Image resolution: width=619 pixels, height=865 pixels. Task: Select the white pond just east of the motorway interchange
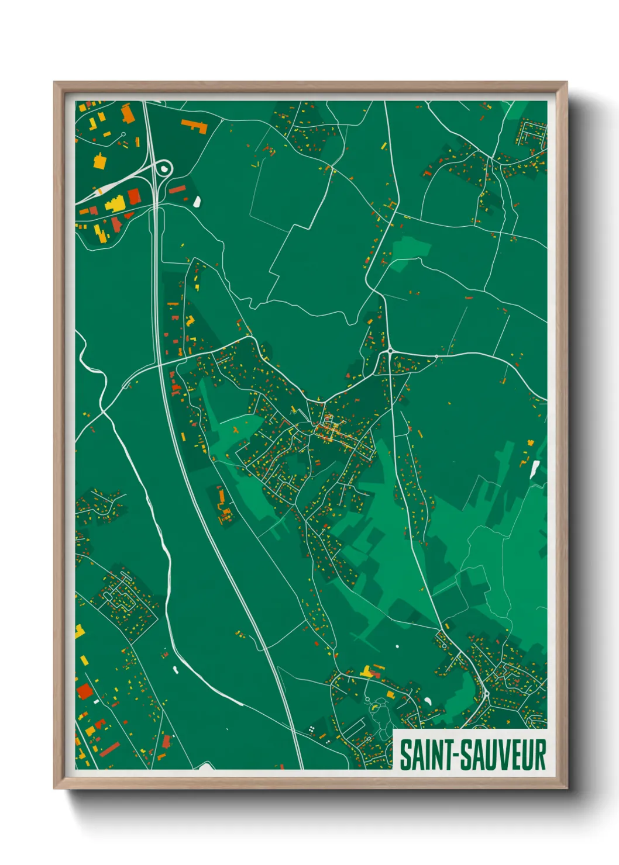[197, 202]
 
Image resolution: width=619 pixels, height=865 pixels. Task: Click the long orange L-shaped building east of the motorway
[195, 126]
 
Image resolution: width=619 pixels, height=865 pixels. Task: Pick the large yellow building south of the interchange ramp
[115, 205]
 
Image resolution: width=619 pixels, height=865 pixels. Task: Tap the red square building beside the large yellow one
[134, 196]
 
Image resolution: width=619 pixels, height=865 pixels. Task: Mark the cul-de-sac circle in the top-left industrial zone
[123, 134]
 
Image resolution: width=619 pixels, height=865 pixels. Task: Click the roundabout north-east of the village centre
[390, 351]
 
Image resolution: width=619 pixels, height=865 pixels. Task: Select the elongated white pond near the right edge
[534, 469]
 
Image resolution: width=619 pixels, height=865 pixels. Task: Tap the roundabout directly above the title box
[486, 694]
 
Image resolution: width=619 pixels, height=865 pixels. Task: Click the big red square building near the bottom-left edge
[85, 691]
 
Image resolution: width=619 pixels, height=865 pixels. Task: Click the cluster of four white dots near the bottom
[312, 728]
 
